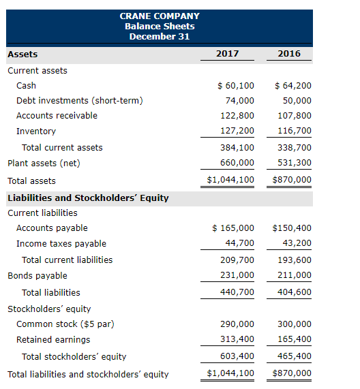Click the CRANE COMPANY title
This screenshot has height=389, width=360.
160,16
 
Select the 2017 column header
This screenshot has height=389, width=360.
227,54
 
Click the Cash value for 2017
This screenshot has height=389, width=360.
235,86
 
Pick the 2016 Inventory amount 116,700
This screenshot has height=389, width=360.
295,131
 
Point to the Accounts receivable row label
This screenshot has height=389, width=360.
57,116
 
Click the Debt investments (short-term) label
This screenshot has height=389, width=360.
80,101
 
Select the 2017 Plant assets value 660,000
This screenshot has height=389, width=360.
238,163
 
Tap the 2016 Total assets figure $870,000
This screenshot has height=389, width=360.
292,181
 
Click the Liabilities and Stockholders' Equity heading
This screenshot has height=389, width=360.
88,198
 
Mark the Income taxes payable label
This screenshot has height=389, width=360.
61,243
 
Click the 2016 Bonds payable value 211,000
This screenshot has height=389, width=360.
295,275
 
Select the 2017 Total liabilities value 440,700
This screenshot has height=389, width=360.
238,292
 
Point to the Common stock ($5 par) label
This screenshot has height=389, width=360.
65,324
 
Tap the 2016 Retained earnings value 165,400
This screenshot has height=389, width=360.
295,339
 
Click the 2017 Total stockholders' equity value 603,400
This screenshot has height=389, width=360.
238,356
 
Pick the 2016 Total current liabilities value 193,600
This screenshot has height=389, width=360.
295,260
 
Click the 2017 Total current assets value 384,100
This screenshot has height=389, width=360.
238,147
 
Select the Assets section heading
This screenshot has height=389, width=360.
22,54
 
